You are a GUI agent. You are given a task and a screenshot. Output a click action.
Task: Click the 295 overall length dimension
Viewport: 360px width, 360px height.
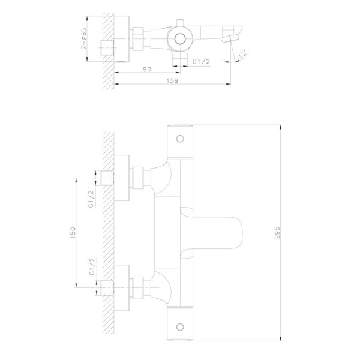coord(278,228)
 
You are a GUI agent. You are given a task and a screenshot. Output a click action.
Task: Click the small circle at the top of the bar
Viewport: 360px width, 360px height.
coord(180,139)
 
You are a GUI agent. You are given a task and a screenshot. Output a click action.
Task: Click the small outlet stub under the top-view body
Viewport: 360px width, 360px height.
coord(178,57)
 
